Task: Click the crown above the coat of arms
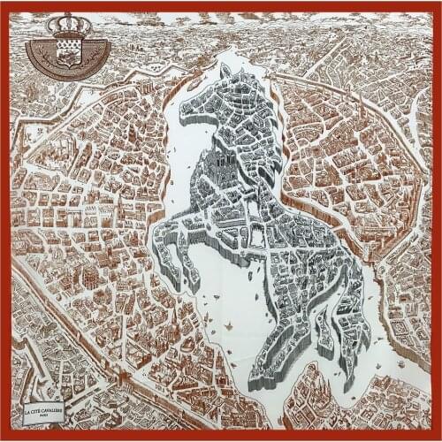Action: pos(68,26)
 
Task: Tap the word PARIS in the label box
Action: pos(54,416)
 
